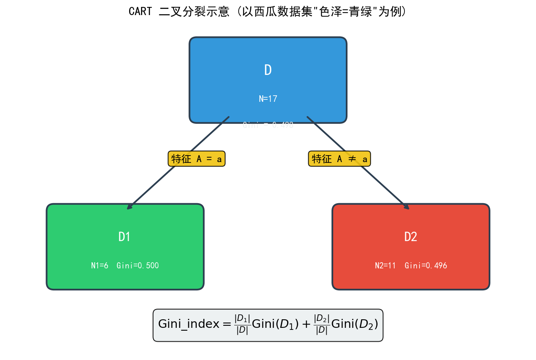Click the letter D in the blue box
268,70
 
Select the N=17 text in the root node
268,99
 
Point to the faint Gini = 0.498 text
268,125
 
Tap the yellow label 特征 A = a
197,159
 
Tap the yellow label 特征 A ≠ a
339,159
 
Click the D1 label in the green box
124,237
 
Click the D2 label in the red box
411,237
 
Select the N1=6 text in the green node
100,266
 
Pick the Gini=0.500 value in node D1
138,266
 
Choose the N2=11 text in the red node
385,266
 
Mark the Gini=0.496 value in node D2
426,266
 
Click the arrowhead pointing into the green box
129,208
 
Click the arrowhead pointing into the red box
407,208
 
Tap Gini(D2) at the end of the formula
355,325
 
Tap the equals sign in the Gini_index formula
227,325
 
